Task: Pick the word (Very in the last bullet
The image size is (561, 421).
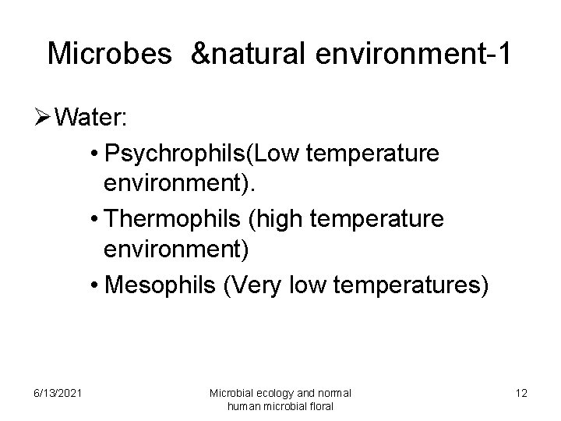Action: [x=255, y=285]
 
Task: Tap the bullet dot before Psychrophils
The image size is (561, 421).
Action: [x=94, y=154]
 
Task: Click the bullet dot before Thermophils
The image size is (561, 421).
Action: [x=94, y=220]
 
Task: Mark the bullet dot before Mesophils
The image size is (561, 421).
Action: [x=94, y=286]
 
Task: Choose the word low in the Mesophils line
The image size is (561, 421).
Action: [x=312, y=285]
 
